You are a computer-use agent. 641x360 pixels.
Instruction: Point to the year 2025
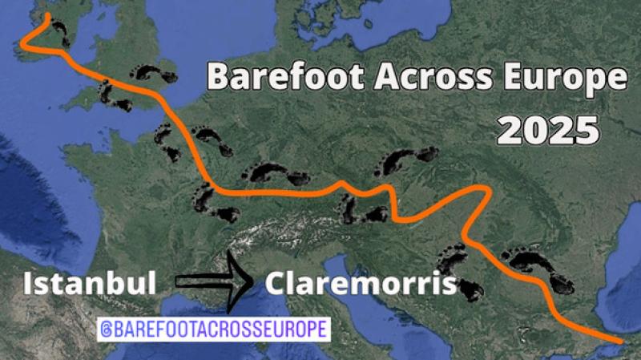pyautogui.click(x=547, y=128)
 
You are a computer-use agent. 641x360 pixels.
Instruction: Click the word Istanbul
pyautogui.click(x=88, y=284)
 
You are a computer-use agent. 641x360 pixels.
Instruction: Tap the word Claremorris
pyautogui.click(x=360, y=284)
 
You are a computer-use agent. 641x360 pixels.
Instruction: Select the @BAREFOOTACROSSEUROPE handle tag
pyautogui.click(x=212, y=329)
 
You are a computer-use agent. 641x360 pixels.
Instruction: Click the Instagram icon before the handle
pyautogui.click(x=106, y=329)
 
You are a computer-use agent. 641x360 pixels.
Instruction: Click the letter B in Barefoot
pyautogui.click(x=218, y=78)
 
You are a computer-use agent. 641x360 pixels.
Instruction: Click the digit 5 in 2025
pyautogui.click(x=587, y=128)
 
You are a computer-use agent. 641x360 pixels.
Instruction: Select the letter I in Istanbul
pyautogui.click(x=29, y=284)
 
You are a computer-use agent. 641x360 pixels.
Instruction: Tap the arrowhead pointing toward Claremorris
pyautogui.click(x=239, y=281)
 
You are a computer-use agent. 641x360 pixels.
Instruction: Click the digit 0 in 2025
pyautogui.click(x=534, y=128)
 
